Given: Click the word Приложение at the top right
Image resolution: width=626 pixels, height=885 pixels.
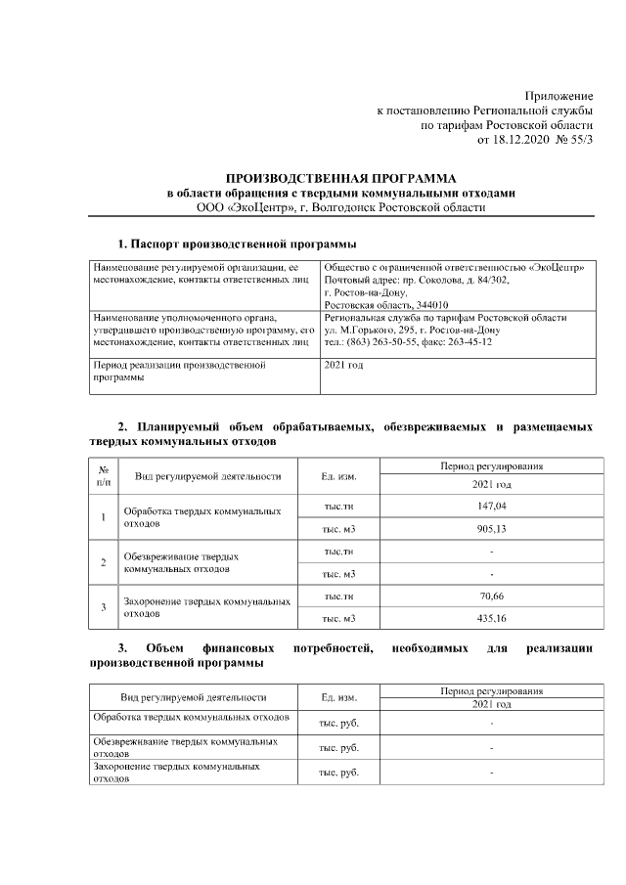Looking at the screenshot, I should (559, 96).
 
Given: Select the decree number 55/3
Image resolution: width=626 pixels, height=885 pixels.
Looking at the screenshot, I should (580, 140).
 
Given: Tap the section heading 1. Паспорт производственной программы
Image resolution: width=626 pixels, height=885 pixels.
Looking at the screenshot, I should (237, 243).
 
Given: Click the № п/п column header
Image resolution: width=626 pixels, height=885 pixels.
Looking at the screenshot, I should (104, 476).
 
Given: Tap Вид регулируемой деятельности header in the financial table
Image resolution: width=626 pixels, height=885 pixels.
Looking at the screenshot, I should (193, 697).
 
